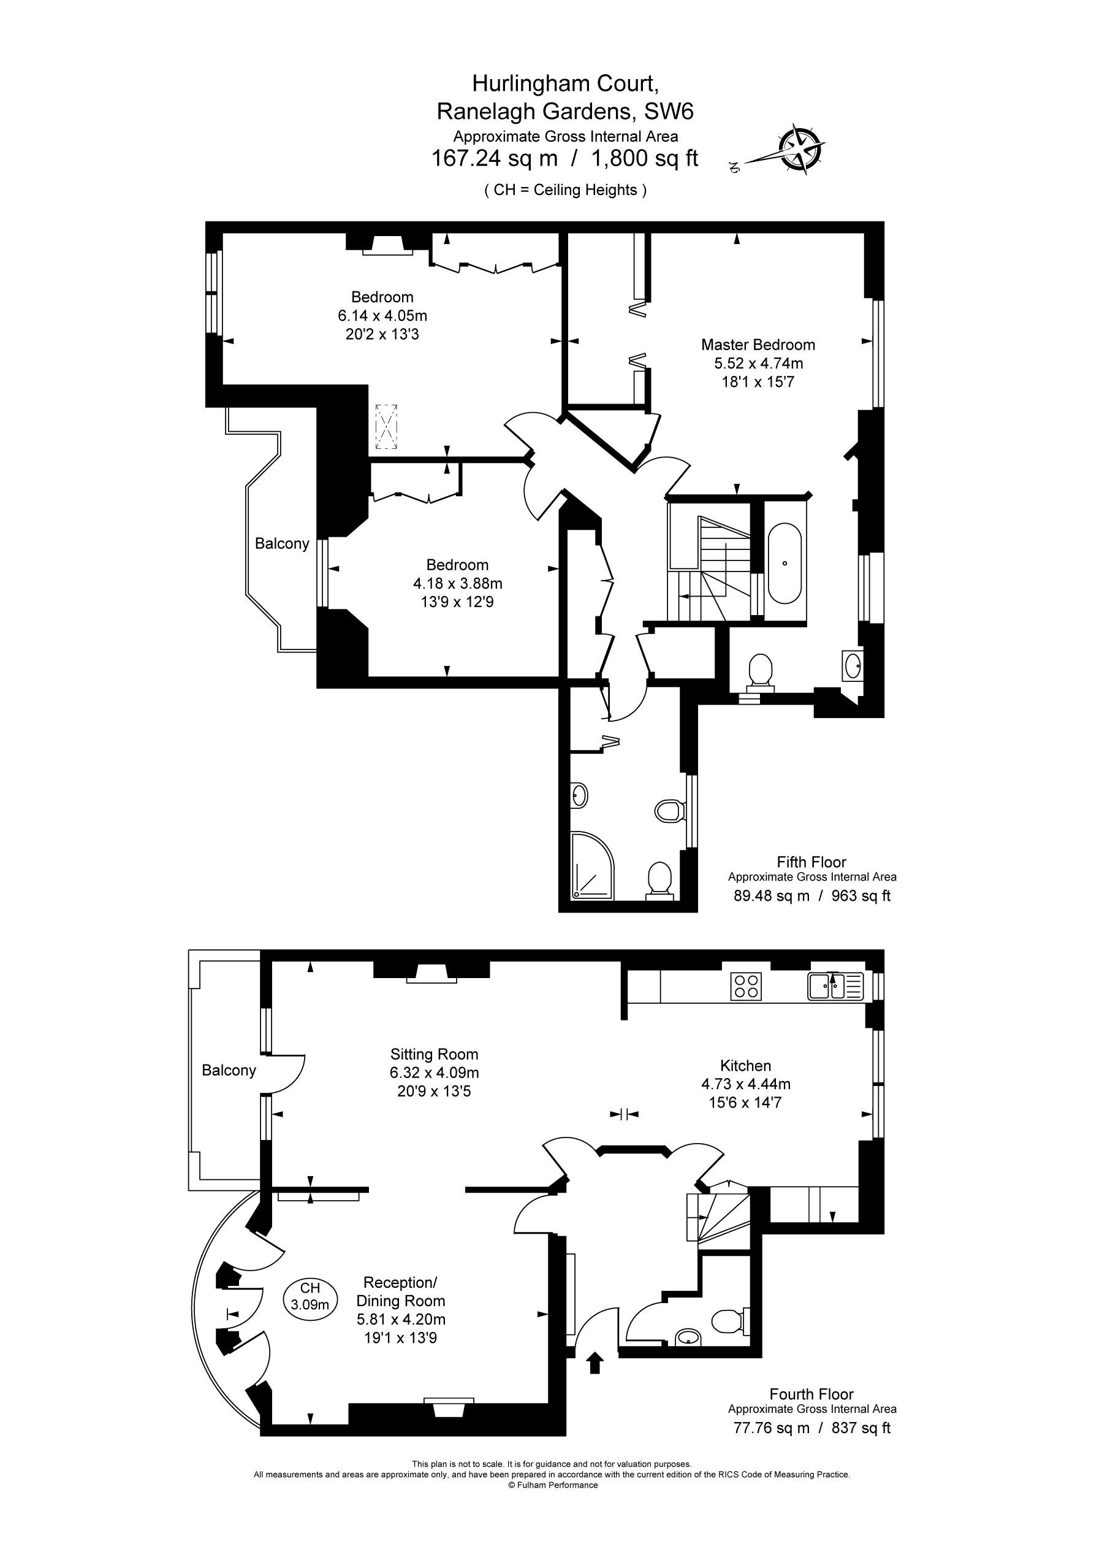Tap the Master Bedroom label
(x=758, y=345)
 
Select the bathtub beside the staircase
(x=784, y=564)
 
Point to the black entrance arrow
(x=595, y=1362)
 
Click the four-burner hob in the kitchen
(x=746, y=986)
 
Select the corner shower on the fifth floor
(x=593, y=866)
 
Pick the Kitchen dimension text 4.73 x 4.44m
(x=746, y=1084)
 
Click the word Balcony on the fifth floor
(x=282, y=544)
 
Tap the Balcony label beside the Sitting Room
(x=229, y=1071)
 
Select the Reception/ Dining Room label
(x=401, y=1292)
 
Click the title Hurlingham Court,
(x=565, y=83)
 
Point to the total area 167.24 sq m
(x=495, y=159)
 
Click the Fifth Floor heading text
(x=811, y=862)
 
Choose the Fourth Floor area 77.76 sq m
(x=771, y=1428)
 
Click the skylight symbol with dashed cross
(x=387, y=426)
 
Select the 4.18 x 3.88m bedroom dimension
(x=458, y=583)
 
